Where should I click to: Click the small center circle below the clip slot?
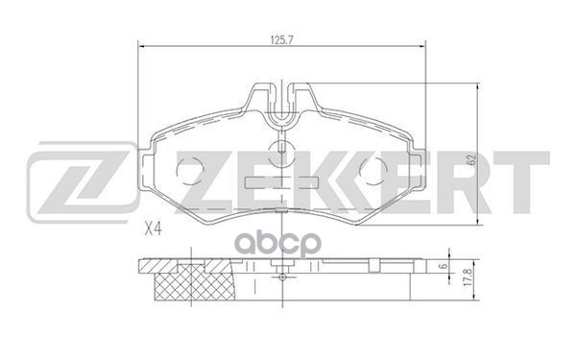(281, 149)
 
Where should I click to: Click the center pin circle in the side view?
(281, 276)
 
